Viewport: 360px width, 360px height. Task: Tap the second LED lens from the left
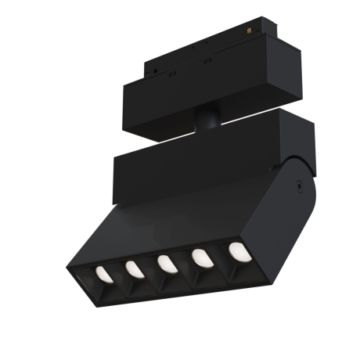point(134,269)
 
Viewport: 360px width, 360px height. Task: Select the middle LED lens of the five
point(166,263)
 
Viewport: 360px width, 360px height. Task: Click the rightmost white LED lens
point(236,251)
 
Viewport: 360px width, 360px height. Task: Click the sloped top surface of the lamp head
point(188,219)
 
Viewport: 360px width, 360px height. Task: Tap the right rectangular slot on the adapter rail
point(207,59)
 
